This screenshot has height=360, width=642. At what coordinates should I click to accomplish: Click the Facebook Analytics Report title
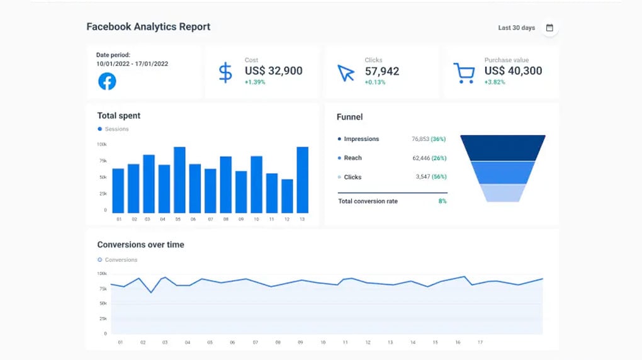148,27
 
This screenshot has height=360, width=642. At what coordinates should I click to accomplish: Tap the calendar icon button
549,28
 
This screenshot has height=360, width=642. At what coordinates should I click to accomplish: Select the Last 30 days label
516,28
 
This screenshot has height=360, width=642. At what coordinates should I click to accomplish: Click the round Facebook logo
107,81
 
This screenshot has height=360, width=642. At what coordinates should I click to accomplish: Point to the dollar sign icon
225,72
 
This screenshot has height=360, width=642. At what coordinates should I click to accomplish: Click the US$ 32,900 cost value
273,71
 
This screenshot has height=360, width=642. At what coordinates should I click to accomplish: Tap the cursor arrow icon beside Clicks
346,73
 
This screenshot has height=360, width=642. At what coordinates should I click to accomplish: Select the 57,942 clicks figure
382,71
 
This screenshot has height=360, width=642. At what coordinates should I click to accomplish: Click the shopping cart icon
464,73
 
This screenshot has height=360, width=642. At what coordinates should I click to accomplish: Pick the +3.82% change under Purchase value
495,82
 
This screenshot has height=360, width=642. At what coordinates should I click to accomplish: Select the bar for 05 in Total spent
179,180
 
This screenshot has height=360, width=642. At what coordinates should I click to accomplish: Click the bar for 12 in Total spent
287,196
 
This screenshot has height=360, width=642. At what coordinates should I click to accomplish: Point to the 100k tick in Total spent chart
101,144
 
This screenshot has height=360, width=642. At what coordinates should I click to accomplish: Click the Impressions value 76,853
420,139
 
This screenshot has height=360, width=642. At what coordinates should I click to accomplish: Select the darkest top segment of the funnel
503,147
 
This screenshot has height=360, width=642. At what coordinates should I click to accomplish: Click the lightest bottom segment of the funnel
503,193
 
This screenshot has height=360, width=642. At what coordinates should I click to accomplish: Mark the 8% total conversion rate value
442,201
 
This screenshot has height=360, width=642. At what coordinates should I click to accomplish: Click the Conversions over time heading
140,244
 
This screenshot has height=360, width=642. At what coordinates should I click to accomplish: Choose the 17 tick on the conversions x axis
480,343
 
